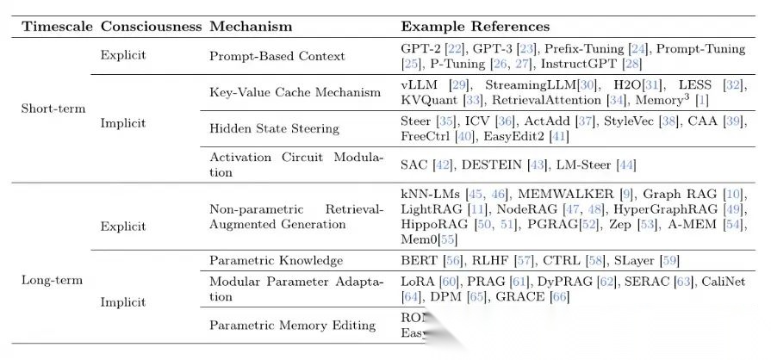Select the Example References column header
pyautogui.click(x=475, y=27)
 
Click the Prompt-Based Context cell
pyautogui.click(x=277, y=56)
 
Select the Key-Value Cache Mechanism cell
pyautogui.click(x=295, y=92)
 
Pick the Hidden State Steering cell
pyautogui.click(x=273, y=128)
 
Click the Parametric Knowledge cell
pyautogui.click(x=277, y=260)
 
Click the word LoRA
pyautogui.click(x=418, y=282)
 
